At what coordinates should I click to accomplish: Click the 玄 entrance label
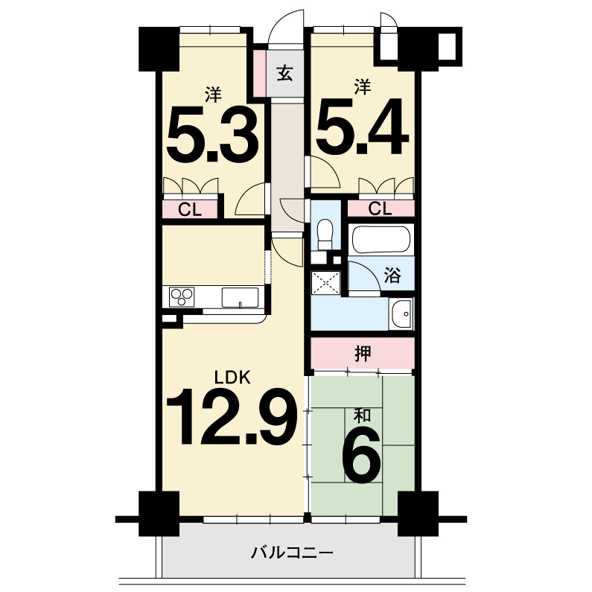tap(285, 73)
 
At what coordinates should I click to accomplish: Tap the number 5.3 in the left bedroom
tap(212, 134)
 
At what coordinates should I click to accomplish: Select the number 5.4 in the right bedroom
tap(363, 127)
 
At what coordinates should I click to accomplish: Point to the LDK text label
tap(232, 378)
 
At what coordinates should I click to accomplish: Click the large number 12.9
tap(231, 416)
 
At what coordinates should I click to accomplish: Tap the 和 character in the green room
tap(362, 416)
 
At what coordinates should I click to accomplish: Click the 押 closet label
tap(363, 354)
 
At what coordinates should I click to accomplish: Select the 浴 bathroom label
tap(392, 275)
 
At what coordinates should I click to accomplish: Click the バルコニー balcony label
tap(292, 553)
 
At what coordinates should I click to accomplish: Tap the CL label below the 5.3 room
tap(190, 209)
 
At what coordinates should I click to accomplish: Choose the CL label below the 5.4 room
tap(381, 209)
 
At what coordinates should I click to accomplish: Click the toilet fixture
tap(325, 234)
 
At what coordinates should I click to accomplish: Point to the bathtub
tap(381, 239)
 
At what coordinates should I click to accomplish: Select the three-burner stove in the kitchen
tap(182, 297)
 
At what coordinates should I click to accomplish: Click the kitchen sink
tap(240, 298)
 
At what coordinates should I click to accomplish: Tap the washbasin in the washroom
tap(401, 314)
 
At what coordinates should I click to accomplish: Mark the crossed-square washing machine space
tap(325, 282)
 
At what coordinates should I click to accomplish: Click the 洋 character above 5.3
tap(213, 95)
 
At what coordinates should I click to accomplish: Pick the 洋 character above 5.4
tap(363, 86)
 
